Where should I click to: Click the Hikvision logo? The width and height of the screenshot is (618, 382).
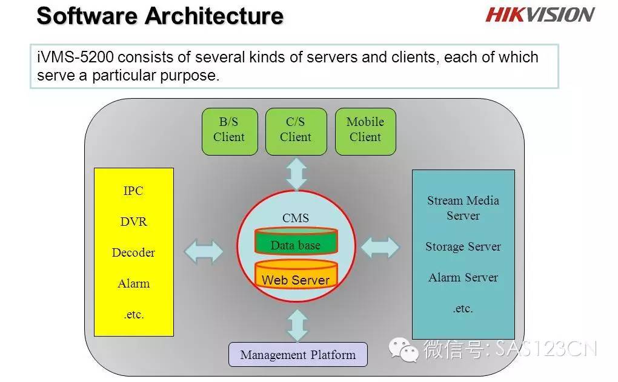coord(540,15)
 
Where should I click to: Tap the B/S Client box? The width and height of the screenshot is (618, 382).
coord(230,131)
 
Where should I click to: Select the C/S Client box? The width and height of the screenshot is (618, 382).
coord(296,131)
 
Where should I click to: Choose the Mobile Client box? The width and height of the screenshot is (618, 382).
coord(365,131)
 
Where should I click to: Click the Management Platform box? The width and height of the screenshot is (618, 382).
coord(298,354)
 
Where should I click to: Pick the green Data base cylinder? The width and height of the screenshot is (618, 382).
coord(296,241)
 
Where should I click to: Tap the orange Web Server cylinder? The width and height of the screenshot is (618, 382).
coord(296,274)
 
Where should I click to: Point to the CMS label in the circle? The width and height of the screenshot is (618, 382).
coord(296,218)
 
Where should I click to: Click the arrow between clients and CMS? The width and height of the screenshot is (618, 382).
coord(296,174)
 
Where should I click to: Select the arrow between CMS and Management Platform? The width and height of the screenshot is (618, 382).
coord(297,325)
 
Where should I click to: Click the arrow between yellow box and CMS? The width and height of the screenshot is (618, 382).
coord(204,251)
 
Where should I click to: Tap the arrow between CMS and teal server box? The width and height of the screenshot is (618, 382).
coord(380,248)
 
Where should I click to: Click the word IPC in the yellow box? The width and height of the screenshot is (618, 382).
coord(133,191)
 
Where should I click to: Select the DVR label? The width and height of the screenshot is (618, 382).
coord(134,222)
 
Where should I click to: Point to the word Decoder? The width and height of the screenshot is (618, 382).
coord(133,252)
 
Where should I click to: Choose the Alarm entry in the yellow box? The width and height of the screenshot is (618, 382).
coord(134,283)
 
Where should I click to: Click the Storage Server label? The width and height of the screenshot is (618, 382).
coord(463,247)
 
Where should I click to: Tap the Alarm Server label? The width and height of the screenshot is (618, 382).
coord(463,278)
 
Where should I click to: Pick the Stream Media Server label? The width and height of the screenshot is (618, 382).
coord(463,208)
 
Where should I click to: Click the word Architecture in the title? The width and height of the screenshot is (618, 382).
coord(214,16)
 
